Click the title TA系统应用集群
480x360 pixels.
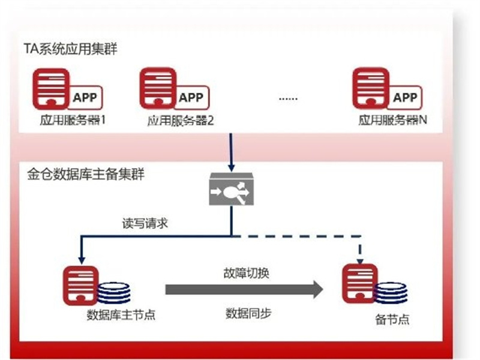point(70,49)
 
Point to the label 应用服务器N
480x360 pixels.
point(392,119)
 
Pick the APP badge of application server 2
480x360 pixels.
point(191,97)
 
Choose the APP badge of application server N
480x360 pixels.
point(405,97)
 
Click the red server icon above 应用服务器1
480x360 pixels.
point(50,90)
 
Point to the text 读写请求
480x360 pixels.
point(144,224)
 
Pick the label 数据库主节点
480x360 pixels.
point(121,314)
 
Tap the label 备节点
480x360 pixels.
point(395,319)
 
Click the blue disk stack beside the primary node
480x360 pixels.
point(114,293)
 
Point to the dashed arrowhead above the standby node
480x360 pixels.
point(359,259)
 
